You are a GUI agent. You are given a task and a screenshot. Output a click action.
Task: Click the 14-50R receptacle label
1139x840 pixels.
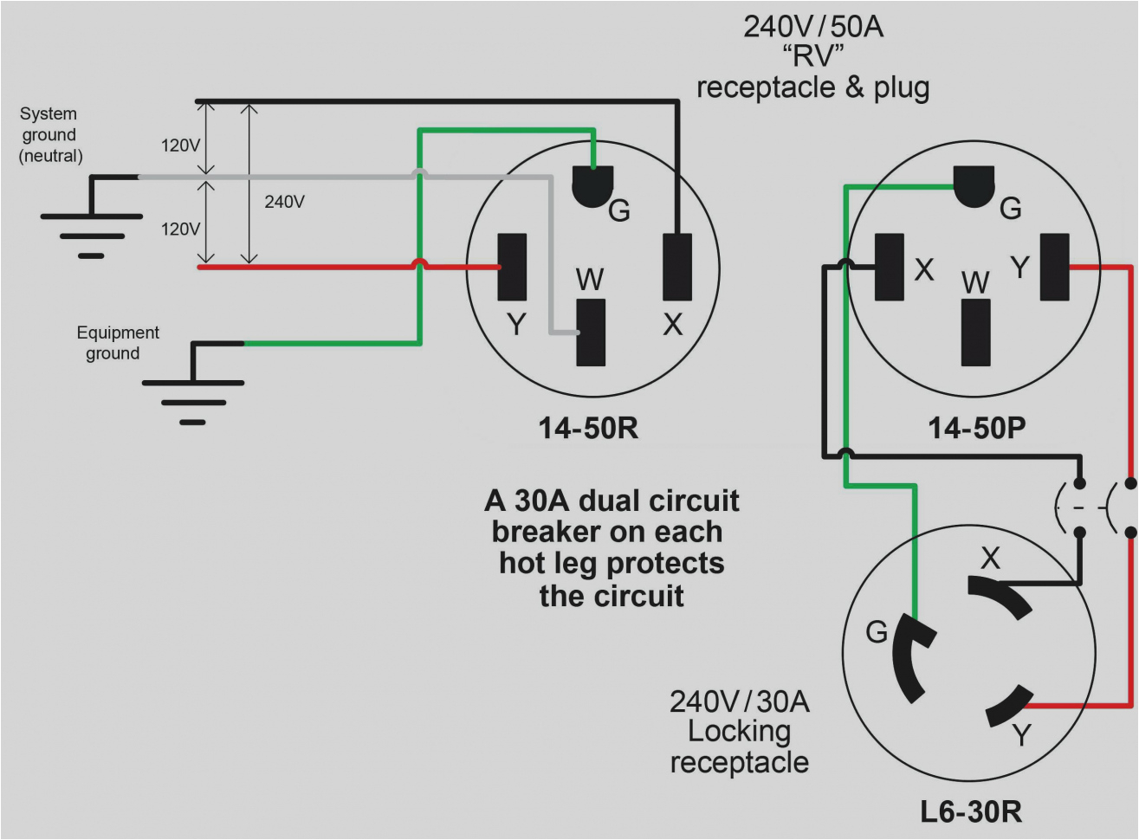(x=588, y=428)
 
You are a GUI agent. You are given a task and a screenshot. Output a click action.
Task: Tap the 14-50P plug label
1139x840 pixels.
(x=976, y=428)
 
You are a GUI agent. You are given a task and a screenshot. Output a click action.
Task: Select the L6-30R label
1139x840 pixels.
(x=970, y=812)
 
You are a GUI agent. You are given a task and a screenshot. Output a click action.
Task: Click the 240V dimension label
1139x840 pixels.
(x=284, y=202)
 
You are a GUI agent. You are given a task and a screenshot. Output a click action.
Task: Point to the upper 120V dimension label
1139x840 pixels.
(x=180, y=145)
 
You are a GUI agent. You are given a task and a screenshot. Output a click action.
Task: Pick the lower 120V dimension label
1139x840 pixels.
(x=180, y=229)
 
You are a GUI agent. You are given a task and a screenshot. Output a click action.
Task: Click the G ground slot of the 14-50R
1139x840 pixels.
(x=592, y=185)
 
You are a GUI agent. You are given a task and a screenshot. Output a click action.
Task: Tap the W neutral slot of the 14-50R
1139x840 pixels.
(x=592, y=333)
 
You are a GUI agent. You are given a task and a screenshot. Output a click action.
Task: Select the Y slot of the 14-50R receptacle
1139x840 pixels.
(x=512, y=268)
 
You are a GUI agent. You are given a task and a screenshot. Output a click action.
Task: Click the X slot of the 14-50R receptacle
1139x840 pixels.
(x=676, y=268)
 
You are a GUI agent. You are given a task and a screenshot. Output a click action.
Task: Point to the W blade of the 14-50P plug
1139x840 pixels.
(x=975, y=333)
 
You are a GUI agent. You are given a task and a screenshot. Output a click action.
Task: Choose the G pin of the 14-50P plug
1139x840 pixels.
(x=974, y=185)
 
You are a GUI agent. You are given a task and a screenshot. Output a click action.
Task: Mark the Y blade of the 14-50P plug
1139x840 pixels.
(x=1054, y=268)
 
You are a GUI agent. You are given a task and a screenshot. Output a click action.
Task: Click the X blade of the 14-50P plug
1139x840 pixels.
(x=890, y=268)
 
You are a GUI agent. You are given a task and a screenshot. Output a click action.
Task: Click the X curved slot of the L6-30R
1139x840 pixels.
(x=1000, y=596)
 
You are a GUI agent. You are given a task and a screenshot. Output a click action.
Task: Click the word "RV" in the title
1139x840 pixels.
(x=812, y=57)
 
